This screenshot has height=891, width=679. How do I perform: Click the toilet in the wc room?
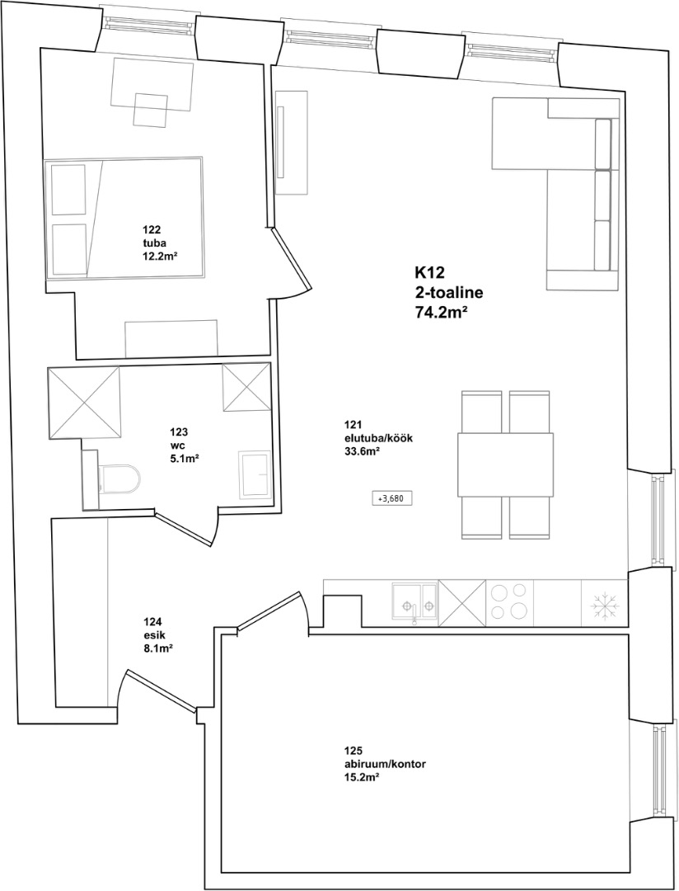pyautogui.click(x=119, y=479)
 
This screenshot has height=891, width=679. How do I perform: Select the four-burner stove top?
pyautogui.click(x=510, y=602)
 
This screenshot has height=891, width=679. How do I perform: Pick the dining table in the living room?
pyautogui.click(x=504, y=464)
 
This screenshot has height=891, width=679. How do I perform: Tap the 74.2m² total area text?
pyautogui.click(x=444, y=312)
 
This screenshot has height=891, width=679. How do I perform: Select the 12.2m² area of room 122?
pyautogui.click(x=158, y=256)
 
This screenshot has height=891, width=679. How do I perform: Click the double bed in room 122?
pyautogui.click(x=124, y=218)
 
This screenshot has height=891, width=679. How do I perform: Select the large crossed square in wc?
pyautogui.click(x=85, y=403)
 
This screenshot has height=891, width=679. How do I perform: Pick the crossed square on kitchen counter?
pyautogui.click(x=462, y=602)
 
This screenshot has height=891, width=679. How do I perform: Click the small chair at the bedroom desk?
pyautogui.click(x=151, y=110)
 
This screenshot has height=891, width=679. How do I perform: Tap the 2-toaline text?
pyautogui.click(x=448, y=293)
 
